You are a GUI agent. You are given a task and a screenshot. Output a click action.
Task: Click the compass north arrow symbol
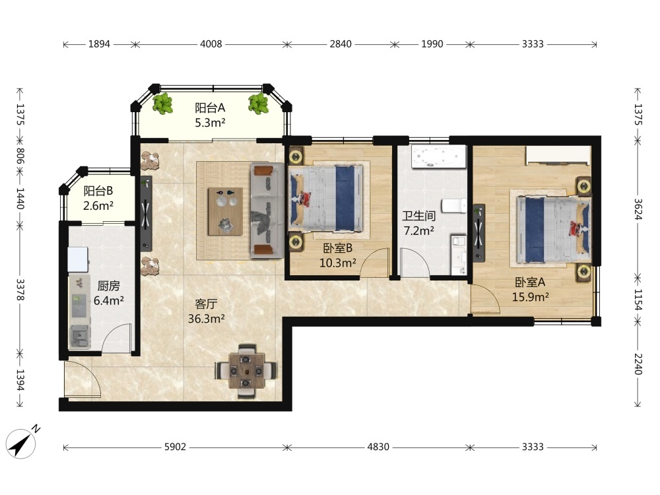coord(21,444)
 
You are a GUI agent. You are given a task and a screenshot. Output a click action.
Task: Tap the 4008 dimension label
coord(211,44)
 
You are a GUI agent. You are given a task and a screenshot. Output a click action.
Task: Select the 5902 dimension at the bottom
coord(175,447)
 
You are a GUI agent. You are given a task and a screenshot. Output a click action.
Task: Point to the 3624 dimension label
coord(638,209)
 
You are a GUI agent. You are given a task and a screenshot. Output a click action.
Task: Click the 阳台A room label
coord(210,108)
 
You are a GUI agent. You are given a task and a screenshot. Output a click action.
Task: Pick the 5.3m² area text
coord(210,123)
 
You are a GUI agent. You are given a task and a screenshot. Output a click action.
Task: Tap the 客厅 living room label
coord(206,304)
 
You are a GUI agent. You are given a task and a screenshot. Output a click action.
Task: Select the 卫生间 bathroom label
coord(419,216)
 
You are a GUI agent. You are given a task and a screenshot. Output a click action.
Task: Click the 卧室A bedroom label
coord(530,282)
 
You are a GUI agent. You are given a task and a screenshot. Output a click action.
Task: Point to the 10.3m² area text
coord(337,263)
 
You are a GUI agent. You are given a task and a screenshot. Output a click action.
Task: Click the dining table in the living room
coord(246,371)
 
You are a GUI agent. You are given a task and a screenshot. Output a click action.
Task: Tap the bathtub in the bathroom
coord(439,156)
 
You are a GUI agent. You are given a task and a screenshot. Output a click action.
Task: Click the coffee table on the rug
coord(225,211)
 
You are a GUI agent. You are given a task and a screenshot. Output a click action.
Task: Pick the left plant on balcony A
coord(162,104)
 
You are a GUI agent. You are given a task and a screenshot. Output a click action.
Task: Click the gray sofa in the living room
coord(267,211)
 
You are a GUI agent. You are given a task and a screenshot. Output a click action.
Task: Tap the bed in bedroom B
coord(326,198)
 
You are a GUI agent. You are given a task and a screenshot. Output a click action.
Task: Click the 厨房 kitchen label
coord(109,286)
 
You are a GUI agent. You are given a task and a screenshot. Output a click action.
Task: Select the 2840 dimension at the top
coord(341,44)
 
